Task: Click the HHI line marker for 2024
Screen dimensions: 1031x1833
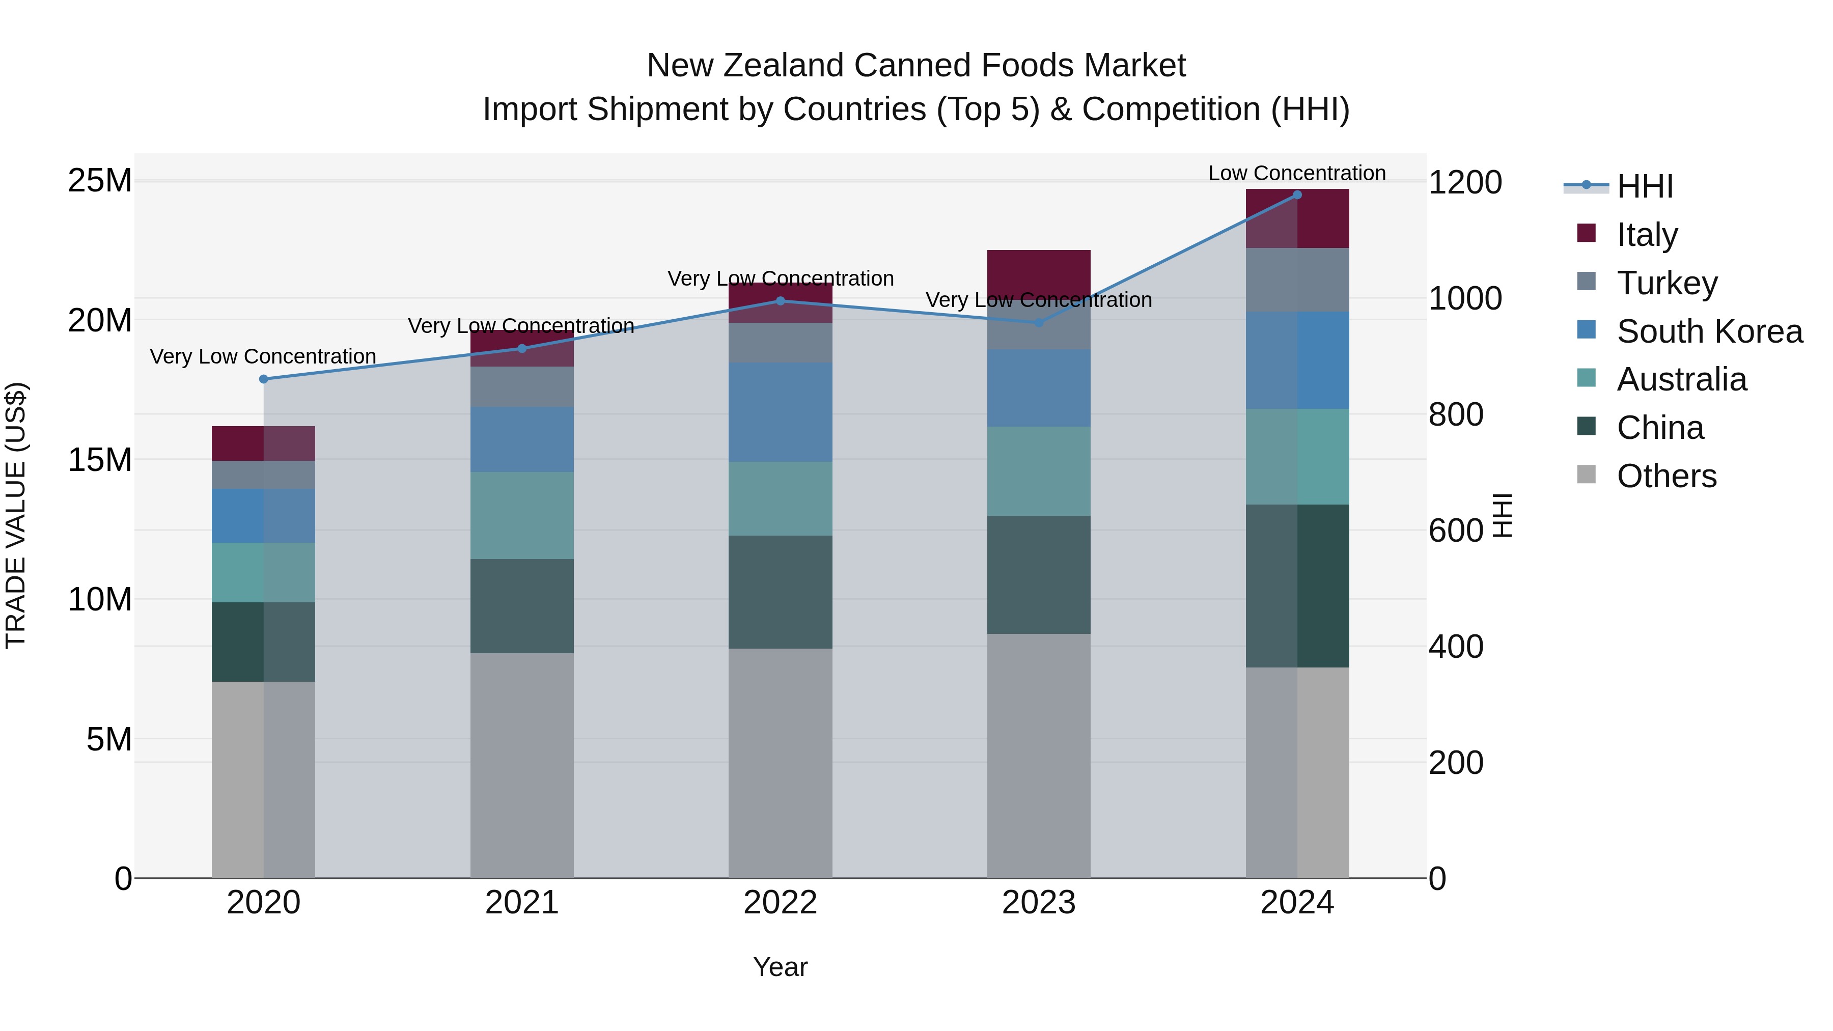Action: point(1296,195)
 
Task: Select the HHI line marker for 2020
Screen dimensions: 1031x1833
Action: point(263,379)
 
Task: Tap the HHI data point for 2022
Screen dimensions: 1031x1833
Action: point(780,301)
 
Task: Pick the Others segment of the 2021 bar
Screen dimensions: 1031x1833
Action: point(521,765)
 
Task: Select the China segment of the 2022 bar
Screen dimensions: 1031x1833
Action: point(780,592)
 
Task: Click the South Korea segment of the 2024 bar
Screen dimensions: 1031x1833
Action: point(1296,360)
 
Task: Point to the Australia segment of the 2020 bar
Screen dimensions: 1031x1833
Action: point(263,573)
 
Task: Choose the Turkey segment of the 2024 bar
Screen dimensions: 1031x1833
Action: point(1296,280)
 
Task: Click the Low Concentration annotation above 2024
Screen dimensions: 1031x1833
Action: point(1296,173)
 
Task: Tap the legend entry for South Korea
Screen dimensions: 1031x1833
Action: point(1708,331)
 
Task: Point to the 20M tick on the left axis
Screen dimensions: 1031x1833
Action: point(100,321)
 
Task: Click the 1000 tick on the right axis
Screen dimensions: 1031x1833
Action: point(1464,299)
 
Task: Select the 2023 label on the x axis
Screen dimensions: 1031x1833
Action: point(1038,903)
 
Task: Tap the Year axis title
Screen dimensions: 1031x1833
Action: point(780,967)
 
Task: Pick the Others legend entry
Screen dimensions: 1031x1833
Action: point(1666,476)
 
